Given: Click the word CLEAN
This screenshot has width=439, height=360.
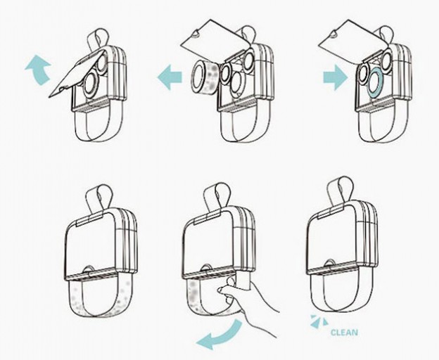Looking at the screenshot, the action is (344, 333).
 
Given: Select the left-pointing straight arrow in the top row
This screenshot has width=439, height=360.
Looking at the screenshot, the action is (170, 77).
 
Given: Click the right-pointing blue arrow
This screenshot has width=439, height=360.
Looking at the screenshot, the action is (336, 77).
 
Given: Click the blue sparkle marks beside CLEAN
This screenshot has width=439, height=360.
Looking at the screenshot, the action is (319, 321).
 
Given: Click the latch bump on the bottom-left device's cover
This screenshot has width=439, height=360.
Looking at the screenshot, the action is (89, 269).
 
